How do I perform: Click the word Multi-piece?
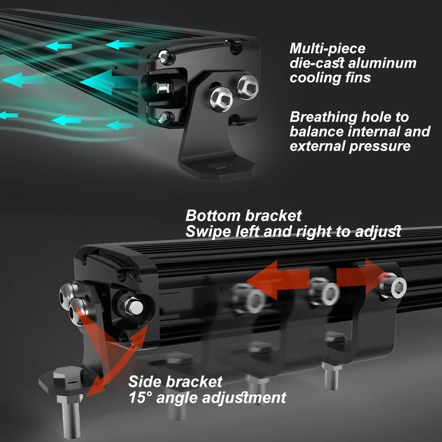(x=327, y=49)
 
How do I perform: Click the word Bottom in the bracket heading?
(x=213, y=216)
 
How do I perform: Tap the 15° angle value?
(x=140, y=397)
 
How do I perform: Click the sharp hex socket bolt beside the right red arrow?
(x=394, y=286)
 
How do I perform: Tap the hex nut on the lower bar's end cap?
(x=133, y=306)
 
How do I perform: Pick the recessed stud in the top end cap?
(x=162, y=88)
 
